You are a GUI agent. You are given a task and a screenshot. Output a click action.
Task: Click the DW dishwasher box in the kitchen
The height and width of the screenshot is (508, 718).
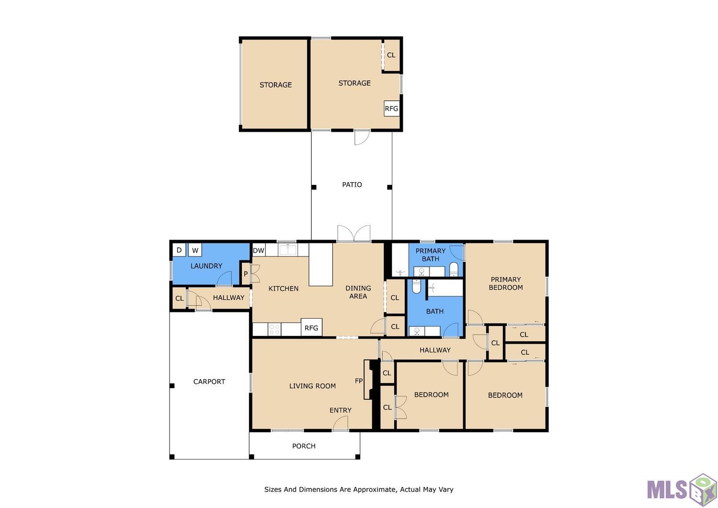[x=259, y=250]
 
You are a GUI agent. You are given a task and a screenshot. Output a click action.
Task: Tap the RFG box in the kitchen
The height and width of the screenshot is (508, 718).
[x=311, y=327]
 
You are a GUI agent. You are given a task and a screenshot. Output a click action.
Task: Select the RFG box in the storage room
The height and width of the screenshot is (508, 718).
[x=392, y=108]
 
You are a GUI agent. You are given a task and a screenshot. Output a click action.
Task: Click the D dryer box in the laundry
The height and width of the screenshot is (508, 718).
[x=179, y=250]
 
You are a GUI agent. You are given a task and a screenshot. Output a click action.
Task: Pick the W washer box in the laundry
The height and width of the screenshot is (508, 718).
[x=195, y=250]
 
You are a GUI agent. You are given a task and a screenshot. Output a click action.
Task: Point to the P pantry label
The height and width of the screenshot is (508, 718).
[x=246, y=274]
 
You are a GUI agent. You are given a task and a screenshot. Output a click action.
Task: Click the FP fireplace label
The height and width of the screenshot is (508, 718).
[x=359, y=381]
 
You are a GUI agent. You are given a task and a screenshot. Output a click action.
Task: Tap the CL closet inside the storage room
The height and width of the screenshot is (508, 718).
[x=391, y=55]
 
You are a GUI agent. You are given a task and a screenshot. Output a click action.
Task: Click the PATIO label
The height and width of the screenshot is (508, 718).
[x=352, y=185]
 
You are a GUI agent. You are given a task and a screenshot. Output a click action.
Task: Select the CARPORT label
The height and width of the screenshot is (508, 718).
[x=209, y=381]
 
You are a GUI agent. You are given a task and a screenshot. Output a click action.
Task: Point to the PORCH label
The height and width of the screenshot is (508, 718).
[x=304, y=446]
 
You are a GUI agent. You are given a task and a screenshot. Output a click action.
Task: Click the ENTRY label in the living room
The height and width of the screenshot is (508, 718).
[x=341, y=410]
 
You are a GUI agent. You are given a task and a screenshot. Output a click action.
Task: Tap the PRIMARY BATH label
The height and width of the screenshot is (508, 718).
[x=431, y=254]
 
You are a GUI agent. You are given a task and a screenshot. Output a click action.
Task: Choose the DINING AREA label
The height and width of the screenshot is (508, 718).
[x=358, y=292]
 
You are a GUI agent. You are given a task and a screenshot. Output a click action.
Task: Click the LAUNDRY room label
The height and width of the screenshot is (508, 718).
[x=206, y=266]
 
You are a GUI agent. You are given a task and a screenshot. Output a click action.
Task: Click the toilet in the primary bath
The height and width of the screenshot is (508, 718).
[x=454, y=269]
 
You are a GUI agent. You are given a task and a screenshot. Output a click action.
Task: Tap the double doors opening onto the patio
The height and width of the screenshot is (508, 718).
[x=353, y=233]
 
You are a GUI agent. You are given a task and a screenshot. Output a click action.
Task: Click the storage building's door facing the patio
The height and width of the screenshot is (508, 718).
[x=362, y=137]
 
